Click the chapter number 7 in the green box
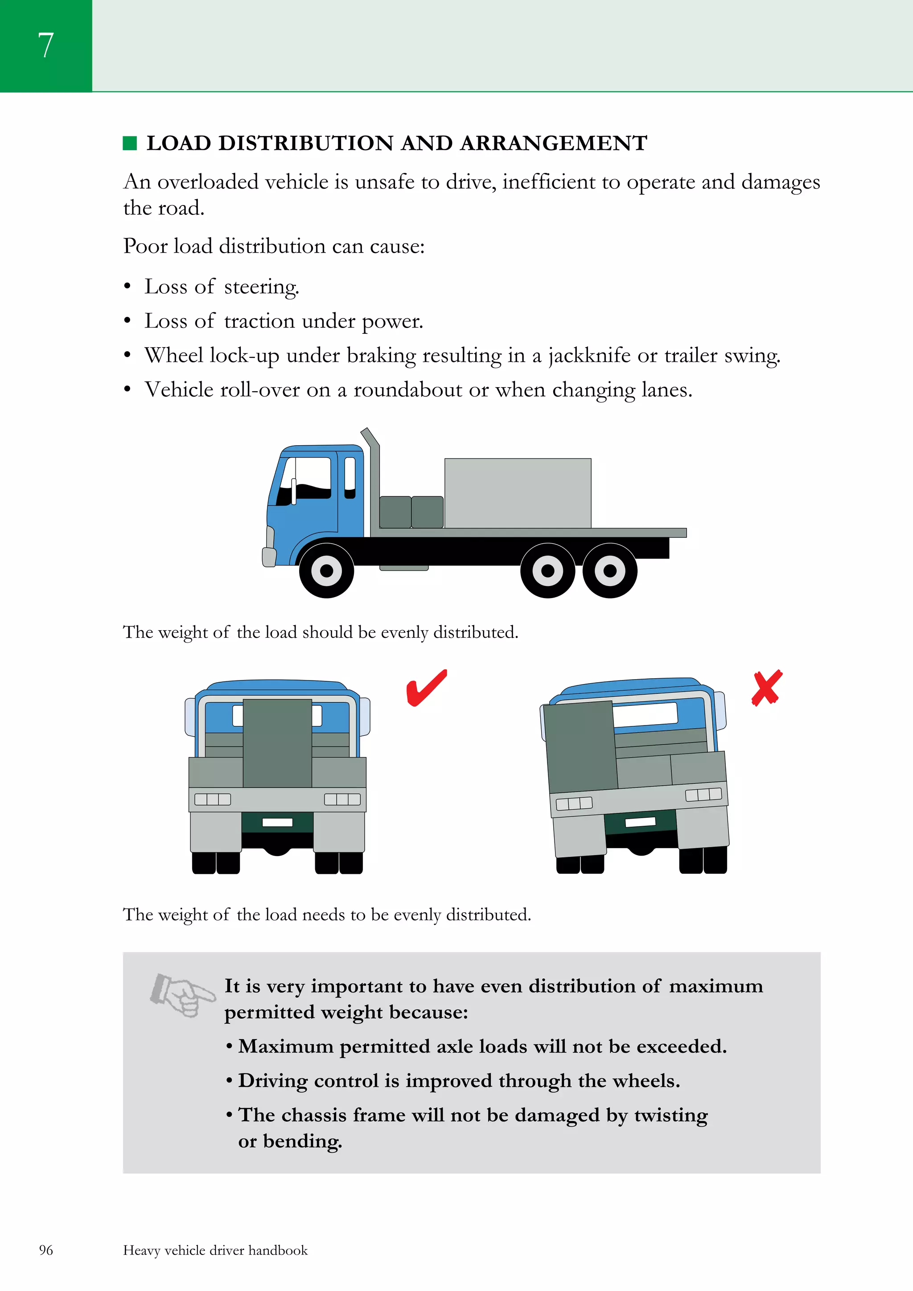(45, 45)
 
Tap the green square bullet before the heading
(130, 143)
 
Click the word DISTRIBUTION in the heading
(305, 143)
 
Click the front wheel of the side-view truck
(326, 570)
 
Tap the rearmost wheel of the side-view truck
(610, 570)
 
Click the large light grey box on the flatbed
(518, 493)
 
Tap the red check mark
(426, 688)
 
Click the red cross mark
(767, 687)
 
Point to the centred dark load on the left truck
(277, 742)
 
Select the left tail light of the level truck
(213, 799)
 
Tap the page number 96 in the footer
(46, 1250)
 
